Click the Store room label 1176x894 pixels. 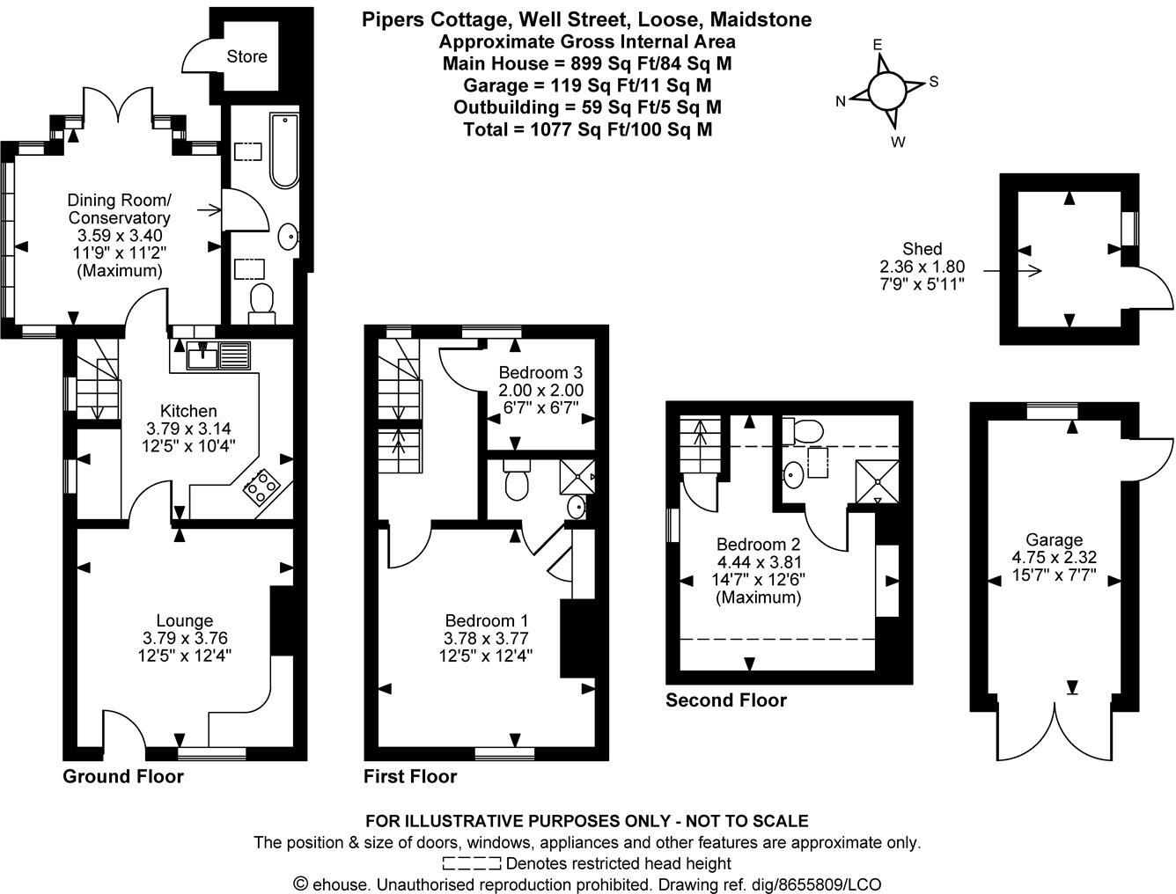246,56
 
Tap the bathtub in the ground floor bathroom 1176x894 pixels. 284,150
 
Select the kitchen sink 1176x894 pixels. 219,355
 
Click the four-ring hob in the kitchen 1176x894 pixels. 261,487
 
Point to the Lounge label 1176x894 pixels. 185,621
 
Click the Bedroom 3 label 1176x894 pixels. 540,372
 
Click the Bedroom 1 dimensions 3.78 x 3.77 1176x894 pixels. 486,638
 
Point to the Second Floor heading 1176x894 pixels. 725,700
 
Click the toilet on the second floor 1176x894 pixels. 804,430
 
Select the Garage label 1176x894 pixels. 1054,539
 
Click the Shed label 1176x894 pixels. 922,249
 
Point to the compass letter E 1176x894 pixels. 877,45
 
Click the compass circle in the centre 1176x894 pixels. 886,89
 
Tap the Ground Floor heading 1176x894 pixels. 123,776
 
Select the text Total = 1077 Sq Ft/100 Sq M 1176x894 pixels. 587,129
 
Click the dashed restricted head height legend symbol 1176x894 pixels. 472,863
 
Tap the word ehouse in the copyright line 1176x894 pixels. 338,884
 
